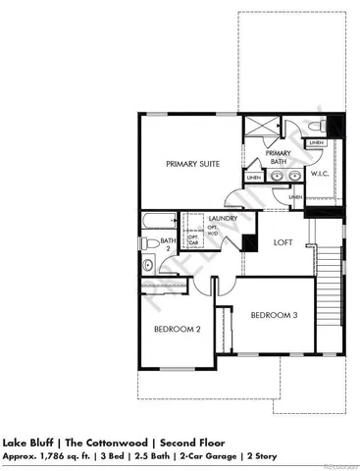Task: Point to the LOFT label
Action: (x=283, y=240)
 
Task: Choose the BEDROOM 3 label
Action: (x=274, y=315)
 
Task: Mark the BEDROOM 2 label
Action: (x=178, y=331)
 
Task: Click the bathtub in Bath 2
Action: (x=156, y=220)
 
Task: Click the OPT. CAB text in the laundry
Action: (x=193, y=239)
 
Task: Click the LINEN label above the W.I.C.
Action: (x=316, y=144)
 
